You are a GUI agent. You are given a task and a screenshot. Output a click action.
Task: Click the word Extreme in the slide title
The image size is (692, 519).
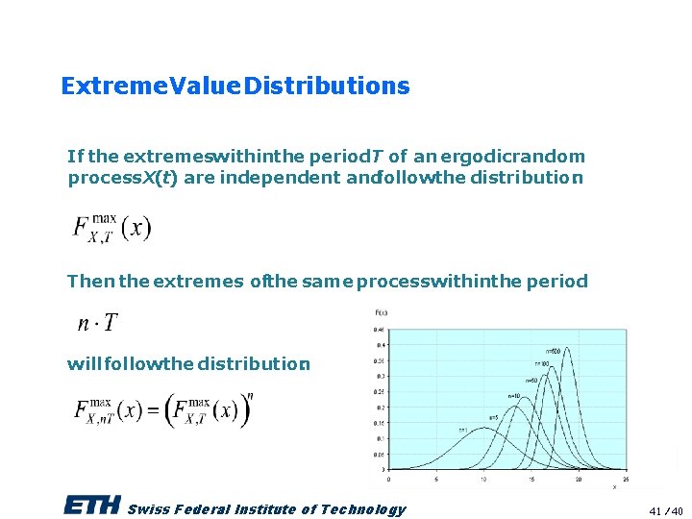pyautogui.click(x=101, y=86)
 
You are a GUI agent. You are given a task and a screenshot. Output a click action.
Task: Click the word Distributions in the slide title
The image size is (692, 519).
pyautogui.click(x=327, y=86)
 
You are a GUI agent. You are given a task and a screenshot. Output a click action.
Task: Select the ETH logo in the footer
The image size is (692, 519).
pyautogui.click(x=92, y=506)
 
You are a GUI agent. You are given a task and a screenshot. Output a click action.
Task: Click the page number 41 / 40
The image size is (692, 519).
pyautogui.click(x=665, y=510)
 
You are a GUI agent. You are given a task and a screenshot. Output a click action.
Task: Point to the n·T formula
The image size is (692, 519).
pyautogui.click(x=98, y=324)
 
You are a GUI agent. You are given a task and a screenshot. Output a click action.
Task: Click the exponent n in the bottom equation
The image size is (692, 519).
pyautogui.click(x=250, y=395)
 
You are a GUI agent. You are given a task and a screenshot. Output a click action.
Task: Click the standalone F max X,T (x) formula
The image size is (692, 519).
pyautogui.click(x=111, y=228)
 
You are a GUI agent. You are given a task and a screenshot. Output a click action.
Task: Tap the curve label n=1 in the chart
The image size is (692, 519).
pyautogui.click(x=462, y=430)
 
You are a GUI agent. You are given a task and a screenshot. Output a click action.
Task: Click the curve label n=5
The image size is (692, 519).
pyautogui.click(x=494, y=416)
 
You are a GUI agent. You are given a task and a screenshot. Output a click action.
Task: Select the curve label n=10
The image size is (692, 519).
pyautogui.click(x=514, y=395)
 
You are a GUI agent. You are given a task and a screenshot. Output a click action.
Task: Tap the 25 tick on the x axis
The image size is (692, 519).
pyautogui.click(x=626, y=479)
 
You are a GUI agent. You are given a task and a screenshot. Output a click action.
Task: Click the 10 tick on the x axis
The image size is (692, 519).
pyautogui.click(x=483, y=479)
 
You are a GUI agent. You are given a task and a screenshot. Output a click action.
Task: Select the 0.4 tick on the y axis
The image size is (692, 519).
pyautogui.click(x=381, y=344)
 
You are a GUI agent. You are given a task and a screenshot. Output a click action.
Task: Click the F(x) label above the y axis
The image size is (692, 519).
pyautogui.click(x=382, y=312)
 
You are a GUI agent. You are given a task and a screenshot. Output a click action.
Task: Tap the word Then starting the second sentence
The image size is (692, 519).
pyautogui.click(x=90, y=282)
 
